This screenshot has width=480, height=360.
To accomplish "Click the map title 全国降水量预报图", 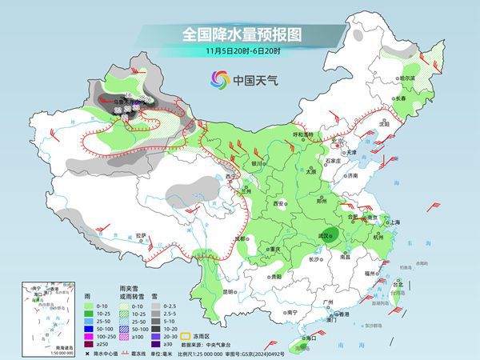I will [240, 34].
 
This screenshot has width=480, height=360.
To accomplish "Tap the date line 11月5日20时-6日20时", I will [240, 50].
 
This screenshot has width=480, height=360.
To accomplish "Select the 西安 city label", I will [280, 205].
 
